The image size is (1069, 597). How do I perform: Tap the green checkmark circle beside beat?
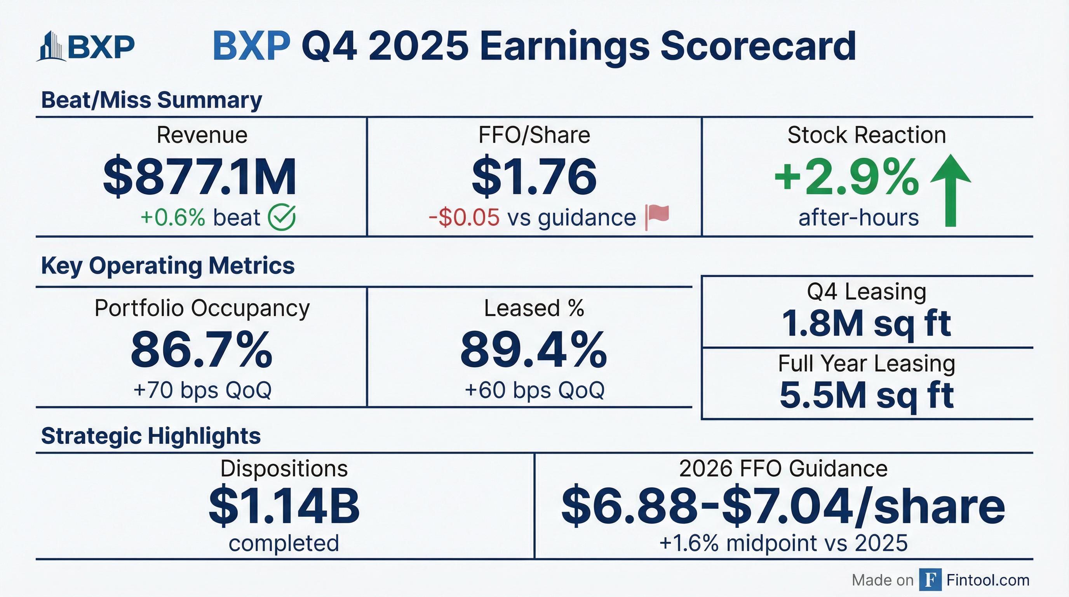(x=282, y=217)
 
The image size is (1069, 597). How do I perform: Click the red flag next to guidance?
(x=657, y=217)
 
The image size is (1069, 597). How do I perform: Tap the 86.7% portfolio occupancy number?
(x=202, y=349)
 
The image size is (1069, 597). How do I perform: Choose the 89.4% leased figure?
(x=534, y=349)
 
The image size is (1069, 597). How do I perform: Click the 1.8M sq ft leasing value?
(x=866, y=323)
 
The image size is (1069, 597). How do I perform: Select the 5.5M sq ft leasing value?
(x=867, y=395)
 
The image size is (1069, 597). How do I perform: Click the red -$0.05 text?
(x=464, y=218)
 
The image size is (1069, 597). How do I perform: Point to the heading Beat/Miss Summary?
(x=151, y=100)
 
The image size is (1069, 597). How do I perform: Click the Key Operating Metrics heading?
(x=168, y=266)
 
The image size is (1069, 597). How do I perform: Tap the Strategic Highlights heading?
(x=151, y=436)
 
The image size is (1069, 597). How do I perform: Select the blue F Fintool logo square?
(x=930, y=580)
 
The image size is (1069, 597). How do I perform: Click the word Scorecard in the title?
(x=758, y=46)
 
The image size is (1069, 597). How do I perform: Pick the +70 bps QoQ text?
(x=202, y=390)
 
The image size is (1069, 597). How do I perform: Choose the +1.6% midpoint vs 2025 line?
(x=783, y=543)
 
